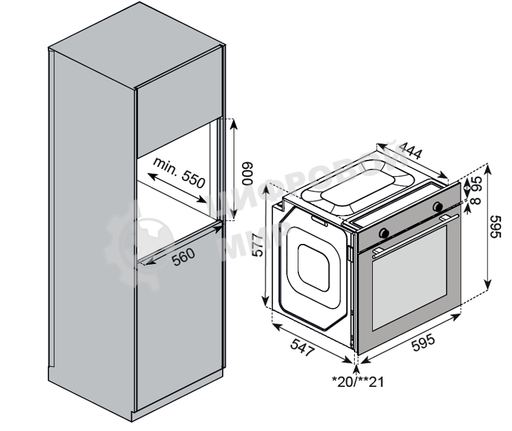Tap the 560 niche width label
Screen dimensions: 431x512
183,257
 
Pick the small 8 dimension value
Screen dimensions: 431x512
478,201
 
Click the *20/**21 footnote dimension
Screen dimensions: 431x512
357,381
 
